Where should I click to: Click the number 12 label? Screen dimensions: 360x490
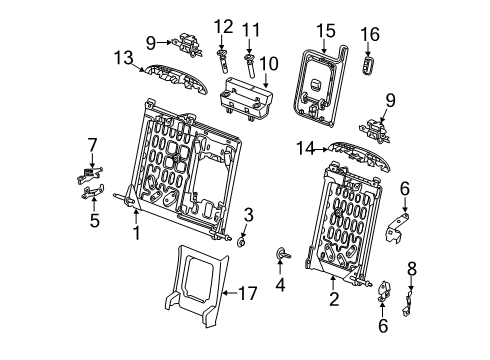tap(222, 25)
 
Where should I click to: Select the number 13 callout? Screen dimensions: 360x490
tap(124, 58)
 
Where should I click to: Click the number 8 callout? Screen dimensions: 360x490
tap(411, 267)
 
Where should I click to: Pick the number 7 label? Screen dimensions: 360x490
tap(93, 146)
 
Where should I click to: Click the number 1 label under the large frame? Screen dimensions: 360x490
tap(135, 234)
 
